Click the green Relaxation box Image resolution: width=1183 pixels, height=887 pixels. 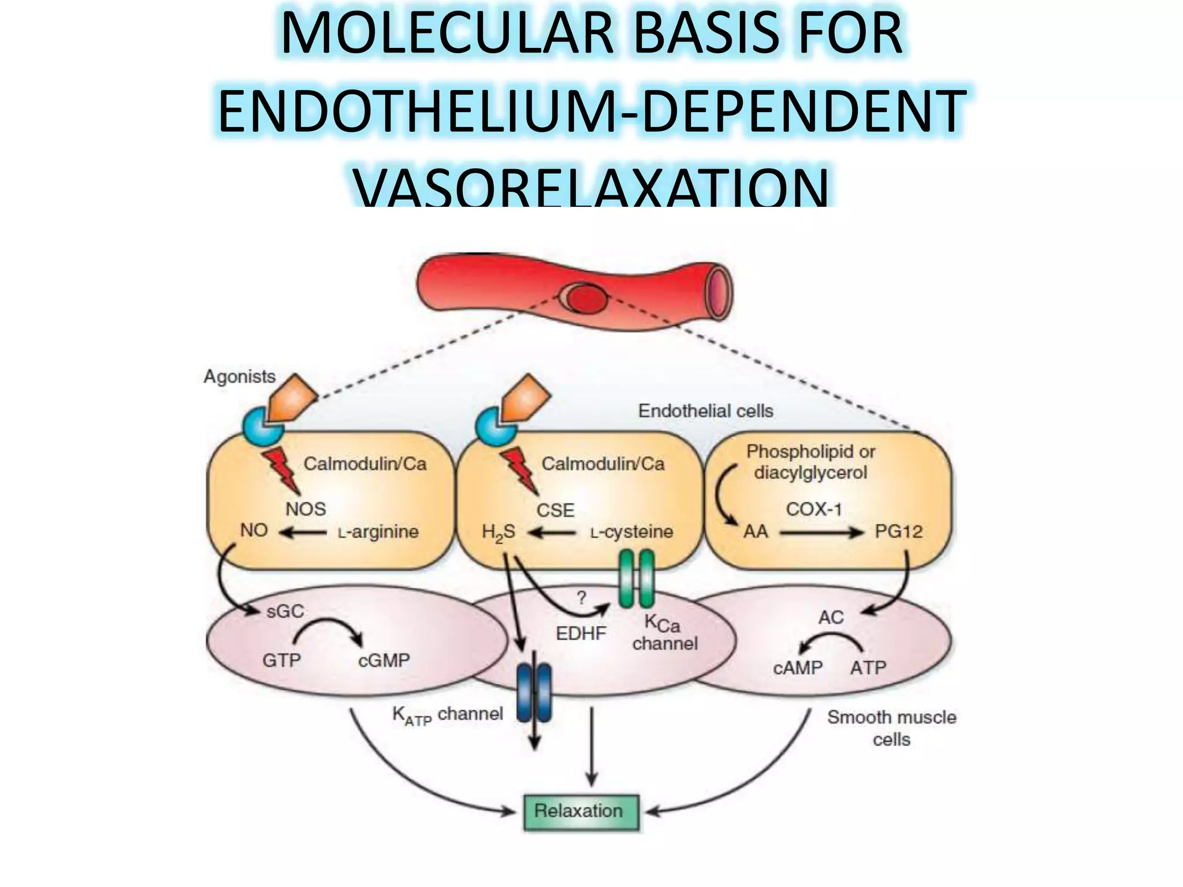coord(581,811)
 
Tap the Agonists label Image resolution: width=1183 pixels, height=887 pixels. coord(239,377)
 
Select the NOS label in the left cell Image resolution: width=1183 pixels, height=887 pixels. coord(306,509)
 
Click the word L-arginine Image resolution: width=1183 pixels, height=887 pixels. coord(378,532)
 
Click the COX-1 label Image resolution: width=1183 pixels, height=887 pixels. coord(813,509)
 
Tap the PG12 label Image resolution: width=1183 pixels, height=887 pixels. coord(898,532)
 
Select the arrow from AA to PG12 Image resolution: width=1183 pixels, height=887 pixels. coord(820,532)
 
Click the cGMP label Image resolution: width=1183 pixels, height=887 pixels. coord(384,660)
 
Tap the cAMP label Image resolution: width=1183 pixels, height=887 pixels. coord(798,668)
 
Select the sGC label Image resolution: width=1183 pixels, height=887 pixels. coord(285,612)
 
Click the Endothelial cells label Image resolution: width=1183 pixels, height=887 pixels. coord(705,411)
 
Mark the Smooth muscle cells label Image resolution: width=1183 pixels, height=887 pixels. coord(891,728)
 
